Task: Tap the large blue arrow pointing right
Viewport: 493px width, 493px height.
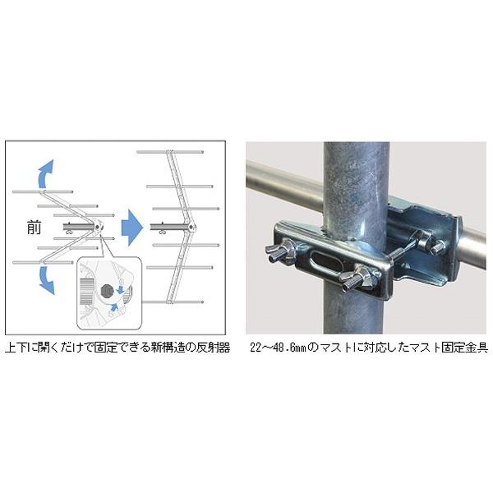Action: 128,224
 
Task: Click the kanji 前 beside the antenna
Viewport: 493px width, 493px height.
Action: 33,228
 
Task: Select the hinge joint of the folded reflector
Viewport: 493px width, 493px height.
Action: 98,226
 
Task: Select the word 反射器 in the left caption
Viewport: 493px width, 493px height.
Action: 210,348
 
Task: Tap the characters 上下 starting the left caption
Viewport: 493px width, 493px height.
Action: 17,348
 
